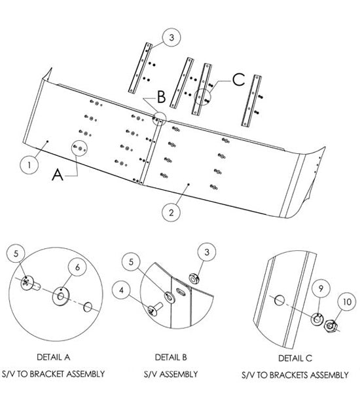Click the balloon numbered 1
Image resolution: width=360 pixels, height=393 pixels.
click(29, 165)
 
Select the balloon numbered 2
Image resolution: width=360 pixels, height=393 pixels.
click(171, 212)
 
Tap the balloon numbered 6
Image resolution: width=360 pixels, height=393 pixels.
click(77, 267)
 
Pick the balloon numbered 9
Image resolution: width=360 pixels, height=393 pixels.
click(321, 288)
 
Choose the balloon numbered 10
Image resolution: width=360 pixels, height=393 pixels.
click(347, 302)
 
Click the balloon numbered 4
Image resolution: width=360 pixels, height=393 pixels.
click(122, 290)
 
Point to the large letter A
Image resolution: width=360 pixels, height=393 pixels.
click(58, 174)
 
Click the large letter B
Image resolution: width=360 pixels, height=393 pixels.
click(161, 97)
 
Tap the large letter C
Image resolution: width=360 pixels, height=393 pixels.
click(238, 80)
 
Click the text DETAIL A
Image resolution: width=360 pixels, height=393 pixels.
click(54, 357)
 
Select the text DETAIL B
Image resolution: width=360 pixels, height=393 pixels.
click(171, 357)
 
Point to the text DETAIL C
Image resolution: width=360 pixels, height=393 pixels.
click(295, 358)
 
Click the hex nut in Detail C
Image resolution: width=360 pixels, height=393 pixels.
click(331, 326)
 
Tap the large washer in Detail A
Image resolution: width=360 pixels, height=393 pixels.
click(61, 297)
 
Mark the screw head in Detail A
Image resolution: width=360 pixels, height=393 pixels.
click(27, 283)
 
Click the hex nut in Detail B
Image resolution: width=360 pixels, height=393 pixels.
click(194, 278)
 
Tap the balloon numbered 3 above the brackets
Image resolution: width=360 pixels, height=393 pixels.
click(171, 37)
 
